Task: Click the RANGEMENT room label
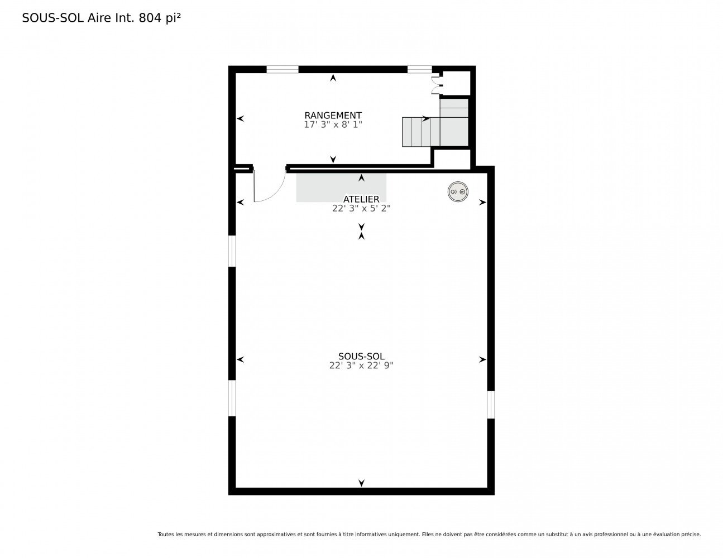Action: pos(333,116)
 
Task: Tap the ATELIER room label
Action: pos(361,199)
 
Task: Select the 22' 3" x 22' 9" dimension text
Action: pos(361,365)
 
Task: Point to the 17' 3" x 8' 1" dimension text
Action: pos(333,124)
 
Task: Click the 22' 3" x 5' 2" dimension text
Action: pos(361,209)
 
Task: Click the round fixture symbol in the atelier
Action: pos(458,191)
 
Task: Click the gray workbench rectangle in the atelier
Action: pos(341,187)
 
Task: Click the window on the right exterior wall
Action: pos(490,405)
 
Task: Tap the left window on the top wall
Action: pos(282,69)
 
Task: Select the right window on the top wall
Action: pos(419,69)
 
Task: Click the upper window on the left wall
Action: pos(232,251)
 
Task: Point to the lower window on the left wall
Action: pos(232,398)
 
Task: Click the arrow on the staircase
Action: pos(425,118)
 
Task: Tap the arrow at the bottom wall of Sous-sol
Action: pos(361,483)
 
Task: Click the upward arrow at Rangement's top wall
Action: pos(333,78)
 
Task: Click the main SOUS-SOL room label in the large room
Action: pos(361,356)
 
